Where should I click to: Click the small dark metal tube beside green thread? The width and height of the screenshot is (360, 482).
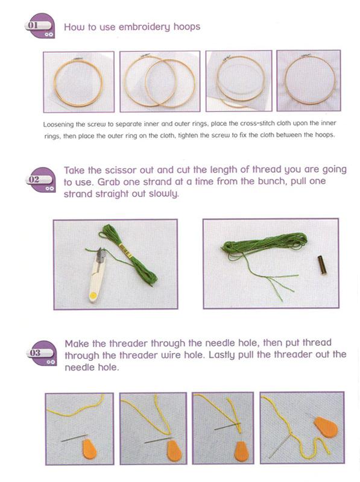[x=318, y=263]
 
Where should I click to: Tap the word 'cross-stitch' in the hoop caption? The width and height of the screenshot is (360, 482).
[x=242, y=124]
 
